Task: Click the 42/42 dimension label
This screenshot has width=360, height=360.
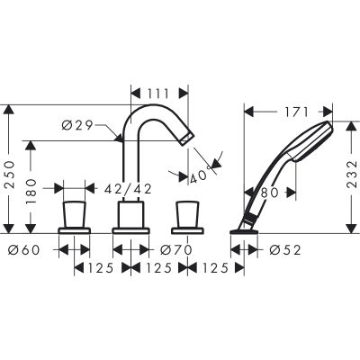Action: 126,188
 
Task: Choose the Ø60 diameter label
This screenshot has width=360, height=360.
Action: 24,249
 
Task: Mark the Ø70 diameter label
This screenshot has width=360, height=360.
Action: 178,249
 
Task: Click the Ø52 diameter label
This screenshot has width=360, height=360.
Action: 285,249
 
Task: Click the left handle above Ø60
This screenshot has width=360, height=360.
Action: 74,215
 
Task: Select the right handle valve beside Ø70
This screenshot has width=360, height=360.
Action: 187,215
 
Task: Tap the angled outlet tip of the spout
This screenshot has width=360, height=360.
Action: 187,137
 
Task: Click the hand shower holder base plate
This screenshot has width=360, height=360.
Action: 245,231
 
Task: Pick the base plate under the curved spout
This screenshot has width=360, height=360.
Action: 130,231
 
